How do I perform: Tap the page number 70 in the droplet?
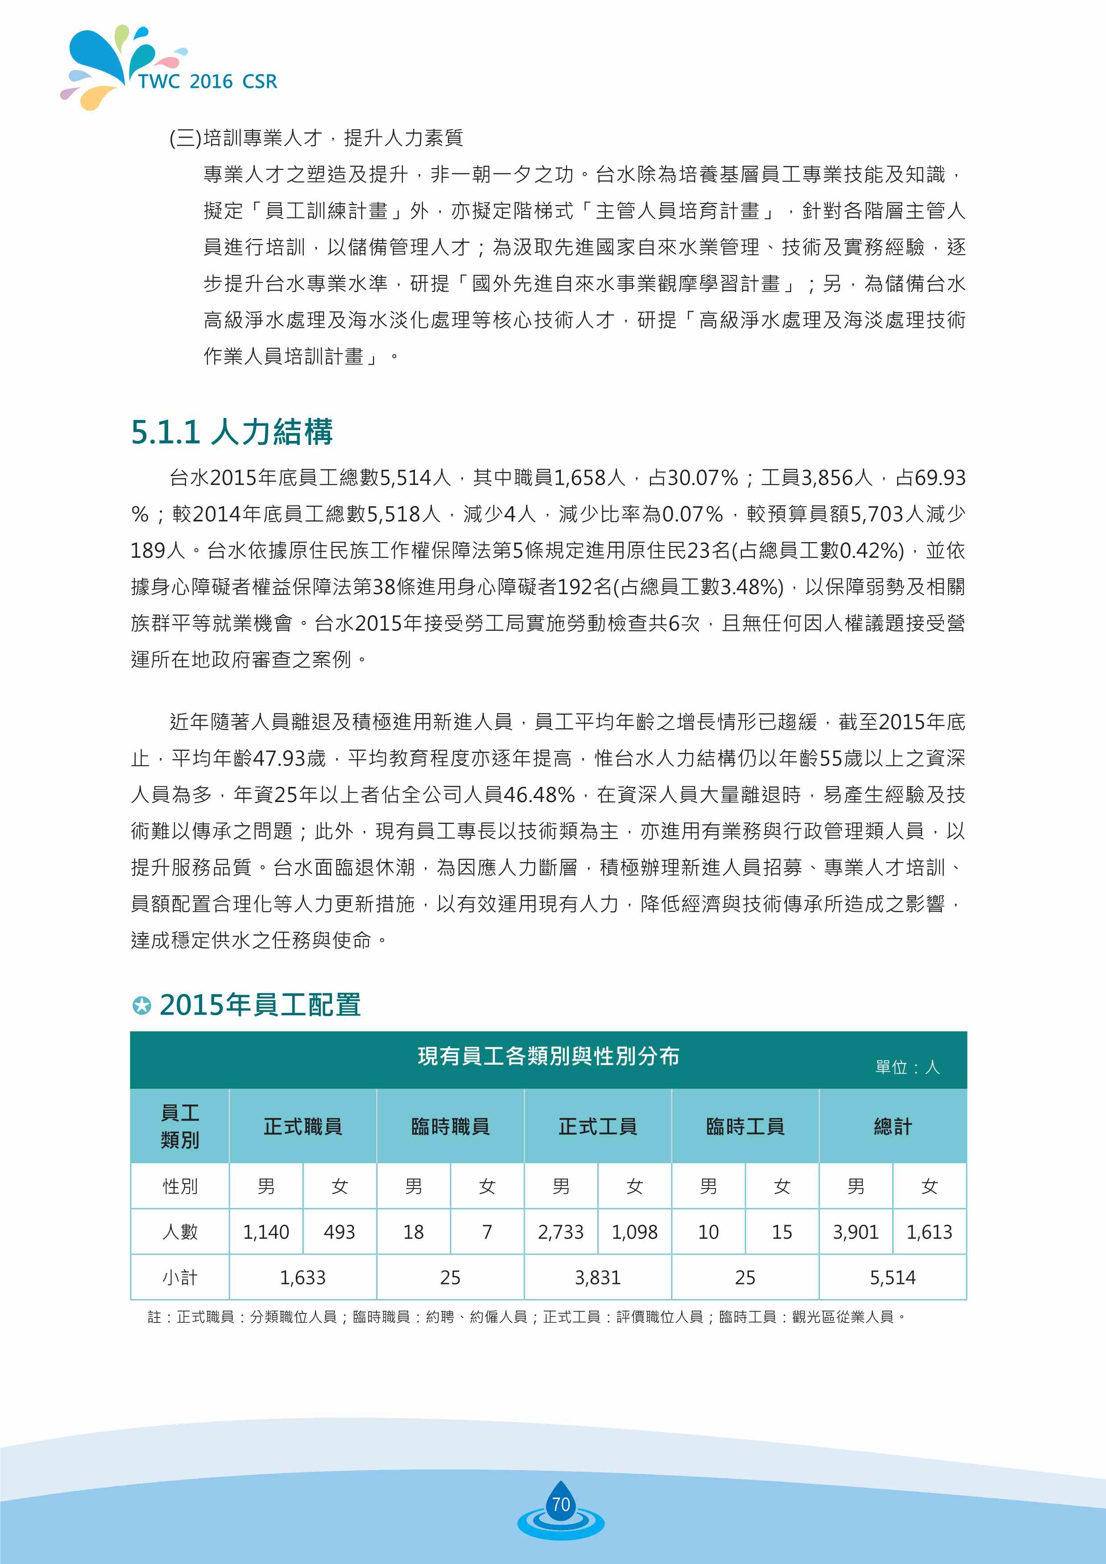(560, 1504)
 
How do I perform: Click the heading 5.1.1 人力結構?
(232, 432)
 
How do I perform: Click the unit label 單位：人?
(907, 1067)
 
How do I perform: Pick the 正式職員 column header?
(302, 1127)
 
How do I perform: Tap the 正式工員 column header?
(598, 1127)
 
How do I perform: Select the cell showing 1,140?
(266, 1231)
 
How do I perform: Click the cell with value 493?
(340, 1231)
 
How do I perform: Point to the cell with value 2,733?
(561, 1231)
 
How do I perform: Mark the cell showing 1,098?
(634, 1231)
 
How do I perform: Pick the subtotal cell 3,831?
(598, 1277)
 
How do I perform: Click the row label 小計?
(180, 1277)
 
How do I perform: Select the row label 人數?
(180, 1231)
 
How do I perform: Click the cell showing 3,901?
(855, 1231)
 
